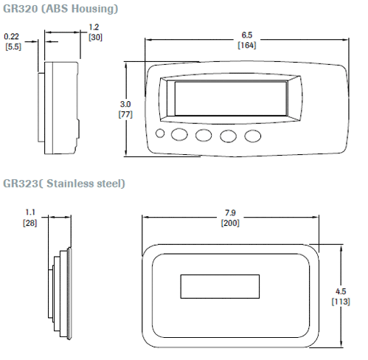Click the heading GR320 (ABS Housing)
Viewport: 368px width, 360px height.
(61, 8)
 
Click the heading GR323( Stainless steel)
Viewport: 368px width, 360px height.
(64, 182)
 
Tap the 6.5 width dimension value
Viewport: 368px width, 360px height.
(247, 35)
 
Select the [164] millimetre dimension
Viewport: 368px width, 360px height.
(247, 45)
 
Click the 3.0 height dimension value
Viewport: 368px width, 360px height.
(125, 104)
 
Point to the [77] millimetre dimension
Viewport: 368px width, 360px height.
(125, 114)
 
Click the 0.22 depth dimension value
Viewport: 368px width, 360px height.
(12, 35)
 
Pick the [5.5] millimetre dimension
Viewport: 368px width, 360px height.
(13, 46)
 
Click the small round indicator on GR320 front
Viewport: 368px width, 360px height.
(162, 134)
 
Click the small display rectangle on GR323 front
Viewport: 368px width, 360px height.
(218, 285)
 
